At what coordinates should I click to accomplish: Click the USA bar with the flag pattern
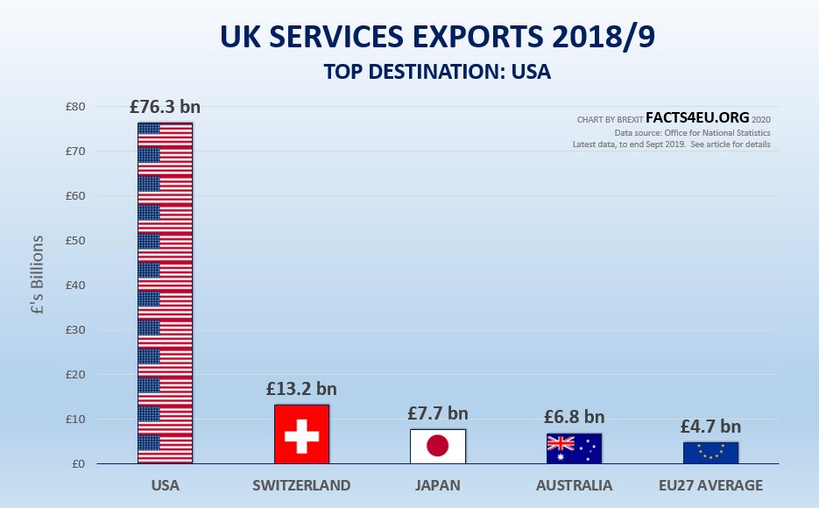pyautogui.click(x=165, y=293)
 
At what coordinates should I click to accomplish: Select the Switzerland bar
pyautogui.click(x=301, y=434)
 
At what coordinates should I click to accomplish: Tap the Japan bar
pyautogui.click(x=438, y=447)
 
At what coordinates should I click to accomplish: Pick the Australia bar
pyautogui.click(x=574, y=448)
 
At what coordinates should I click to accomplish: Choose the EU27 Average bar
pyautogui.click(x=710, y=453)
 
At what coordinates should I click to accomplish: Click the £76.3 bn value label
pyautogui.click(x=165, y=108)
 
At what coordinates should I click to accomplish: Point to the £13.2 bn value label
pyautogui.click(x=301, y=389)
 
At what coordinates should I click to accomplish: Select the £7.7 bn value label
pyautogui.click(x=438, y=413)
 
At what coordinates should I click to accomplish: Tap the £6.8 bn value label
pyautogui.click(x=574, y=417)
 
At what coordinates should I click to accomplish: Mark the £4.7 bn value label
pyautogui.click(x=710, y=427)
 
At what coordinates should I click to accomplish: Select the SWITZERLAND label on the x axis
pyautogui.click(x=301, y=485)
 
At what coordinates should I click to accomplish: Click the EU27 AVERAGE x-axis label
pyautogui.click(x=710, y=485)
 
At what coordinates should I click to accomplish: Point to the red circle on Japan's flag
pyautogui.click(x=438, y=447)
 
